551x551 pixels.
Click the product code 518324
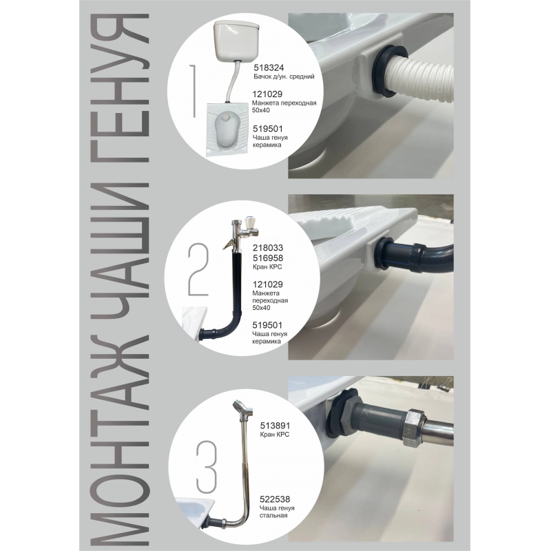point(269,67)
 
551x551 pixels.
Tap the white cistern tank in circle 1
point(237,41)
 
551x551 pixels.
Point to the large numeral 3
point(207,467)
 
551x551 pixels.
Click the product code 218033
point(268,248)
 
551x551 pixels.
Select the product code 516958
point(268,258)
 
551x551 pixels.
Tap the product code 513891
point(275,426)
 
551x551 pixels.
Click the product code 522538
point(275,499)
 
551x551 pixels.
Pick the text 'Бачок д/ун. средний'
point(284,76)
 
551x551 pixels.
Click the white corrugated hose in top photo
point(421,80)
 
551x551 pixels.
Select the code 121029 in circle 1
point(267,94)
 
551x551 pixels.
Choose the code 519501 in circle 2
point(267,325)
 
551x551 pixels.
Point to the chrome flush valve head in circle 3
point(242,408)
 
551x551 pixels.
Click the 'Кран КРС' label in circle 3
point(274,435)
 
